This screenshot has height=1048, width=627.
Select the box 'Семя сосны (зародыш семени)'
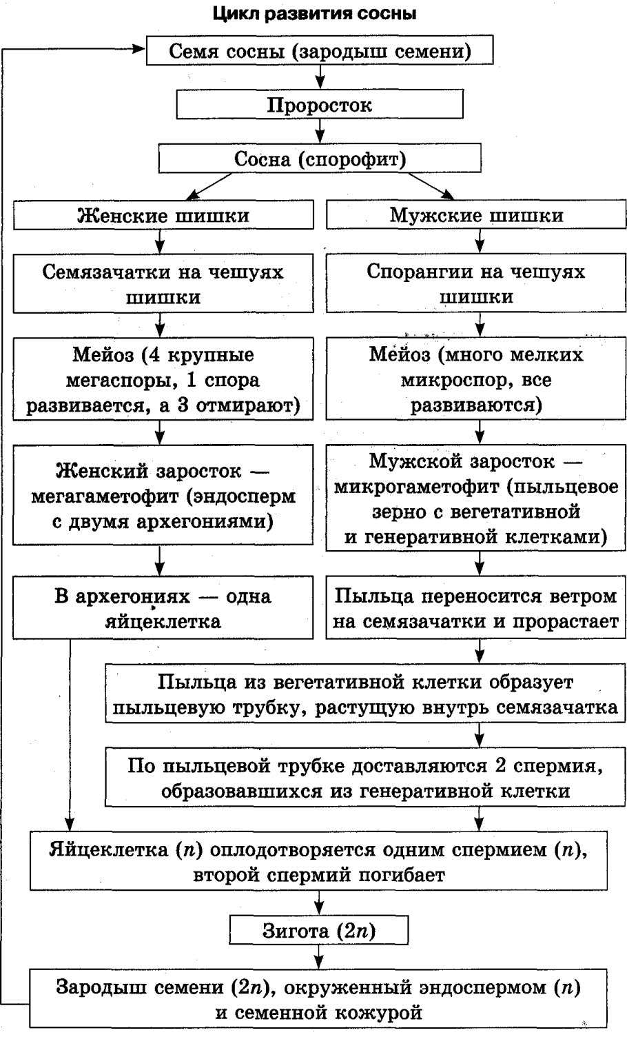(x=320, y=52)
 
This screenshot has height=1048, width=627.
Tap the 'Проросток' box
(x=320, y=105)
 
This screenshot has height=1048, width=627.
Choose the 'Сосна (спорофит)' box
(x=320, y=159)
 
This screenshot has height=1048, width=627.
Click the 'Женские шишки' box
(x=163, y=214)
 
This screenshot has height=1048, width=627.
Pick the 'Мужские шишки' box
(x=476, y=214)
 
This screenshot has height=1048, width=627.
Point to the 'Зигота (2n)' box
(x=319, y=931)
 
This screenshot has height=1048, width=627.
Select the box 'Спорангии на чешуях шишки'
(x=476, y=284)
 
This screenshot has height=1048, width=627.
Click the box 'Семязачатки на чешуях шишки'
(x=163, y=284)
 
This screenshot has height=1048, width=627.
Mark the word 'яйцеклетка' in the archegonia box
(x=163, y=621)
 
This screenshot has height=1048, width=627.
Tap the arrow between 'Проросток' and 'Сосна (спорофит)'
(x=320, y=132)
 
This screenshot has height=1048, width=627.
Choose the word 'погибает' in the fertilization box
(x=400, y=875)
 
